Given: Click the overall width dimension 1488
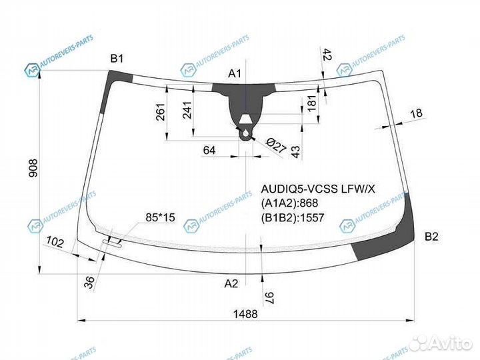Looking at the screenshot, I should point(245,315).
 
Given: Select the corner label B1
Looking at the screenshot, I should point(117,59).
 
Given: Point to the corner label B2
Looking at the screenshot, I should point(431,236).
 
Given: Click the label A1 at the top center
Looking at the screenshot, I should point(235,73).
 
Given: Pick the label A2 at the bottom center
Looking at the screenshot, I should point(231,283).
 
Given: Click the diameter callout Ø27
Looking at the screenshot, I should point(275,146).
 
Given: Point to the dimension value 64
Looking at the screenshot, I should point(209,151).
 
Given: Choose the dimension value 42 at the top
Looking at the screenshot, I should point(327,55).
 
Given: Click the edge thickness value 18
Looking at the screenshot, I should point(417,113).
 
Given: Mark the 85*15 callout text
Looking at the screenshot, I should point(160,217).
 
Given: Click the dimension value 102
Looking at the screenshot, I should point(56,243).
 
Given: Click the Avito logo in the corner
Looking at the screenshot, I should point(440,343).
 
